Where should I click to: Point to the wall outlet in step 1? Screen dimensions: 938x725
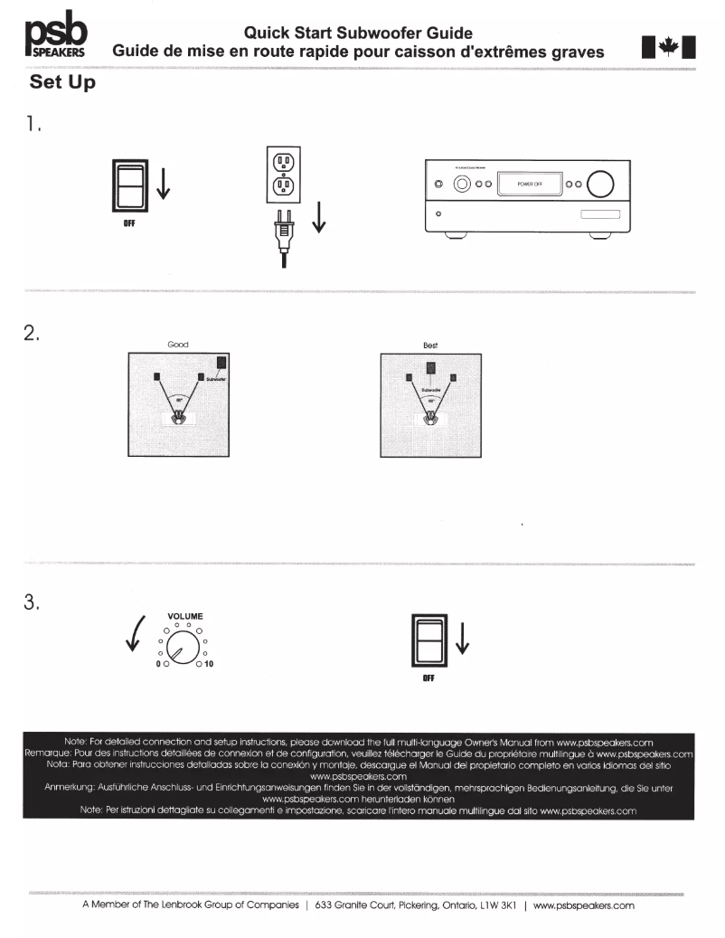[284, 175]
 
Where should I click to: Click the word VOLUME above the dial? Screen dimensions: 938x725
[185, 617]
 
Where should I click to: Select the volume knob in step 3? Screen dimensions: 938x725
[184, 648]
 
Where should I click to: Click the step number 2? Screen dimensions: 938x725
[33, 333]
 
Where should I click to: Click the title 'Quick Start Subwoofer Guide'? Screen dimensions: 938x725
[358, 33]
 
